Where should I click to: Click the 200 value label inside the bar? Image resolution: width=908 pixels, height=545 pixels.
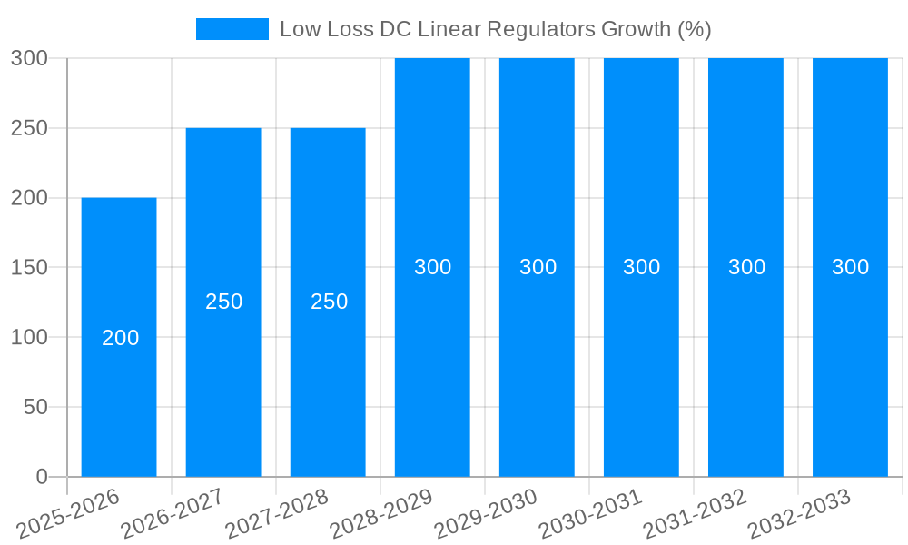click(121, 338)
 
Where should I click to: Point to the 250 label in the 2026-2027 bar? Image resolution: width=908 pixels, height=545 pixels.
click(224, 302)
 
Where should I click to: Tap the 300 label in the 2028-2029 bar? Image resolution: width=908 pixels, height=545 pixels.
click(433, 267)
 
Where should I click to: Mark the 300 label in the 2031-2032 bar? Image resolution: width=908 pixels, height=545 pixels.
click(747, 267)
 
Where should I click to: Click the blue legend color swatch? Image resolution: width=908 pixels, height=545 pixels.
click(232, 29)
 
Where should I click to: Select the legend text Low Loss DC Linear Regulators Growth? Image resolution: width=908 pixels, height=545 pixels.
click(495, 29)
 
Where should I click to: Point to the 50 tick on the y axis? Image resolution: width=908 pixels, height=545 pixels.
click(35, 407)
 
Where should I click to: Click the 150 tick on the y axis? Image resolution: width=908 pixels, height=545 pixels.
click(29, 267)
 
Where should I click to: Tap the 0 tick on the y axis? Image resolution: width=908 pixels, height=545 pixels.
click(42, 477)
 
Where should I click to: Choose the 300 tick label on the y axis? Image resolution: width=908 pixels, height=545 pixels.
click(29, 58)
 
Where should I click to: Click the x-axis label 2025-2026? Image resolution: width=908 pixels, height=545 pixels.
click(68, 513)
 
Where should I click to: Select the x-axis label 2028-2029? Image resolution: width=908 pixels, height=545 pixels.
click(380, 513)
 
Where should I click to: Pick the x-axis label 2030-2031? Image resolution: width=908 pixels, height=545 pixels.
click(589, 513)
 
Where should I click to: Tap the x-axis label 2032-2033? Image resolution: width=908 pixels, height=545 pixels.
click(798, 513)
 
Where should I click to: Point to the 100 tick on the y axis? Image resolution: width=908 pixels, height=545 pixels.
click(29, 337)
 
